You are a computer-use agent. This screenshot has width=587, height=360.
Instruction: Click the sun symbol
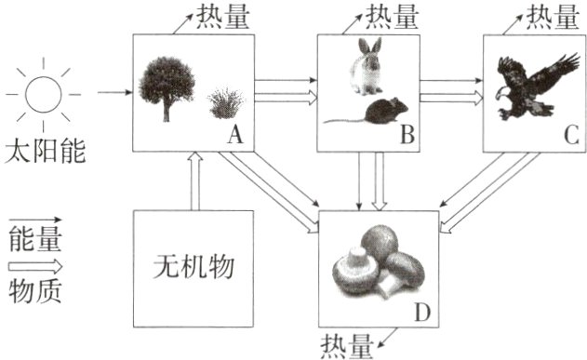pyautogui.click(x=43, y=93)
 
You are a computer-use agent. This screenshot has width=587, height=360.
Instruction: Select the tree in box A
pyautogui.click(x=167, y=87)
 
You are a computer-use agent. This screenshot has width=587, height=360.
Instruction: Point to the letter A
pyautogui.click(x=234, y=137)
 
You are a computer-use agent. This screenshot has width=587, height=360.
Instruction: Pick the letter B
pyautogui.click(x=407, y=137)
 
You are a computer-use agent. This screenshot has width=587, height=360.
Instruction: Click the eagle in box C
pyautogui.click(x=531, y=87)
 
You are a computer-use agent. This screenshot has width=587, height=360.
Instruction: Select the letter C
pyautogui.click(x=569, y=137)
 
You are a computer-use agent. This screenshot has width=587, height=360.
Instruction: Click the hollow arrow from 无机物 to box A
pyautogui.click(x=193, y=180)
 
